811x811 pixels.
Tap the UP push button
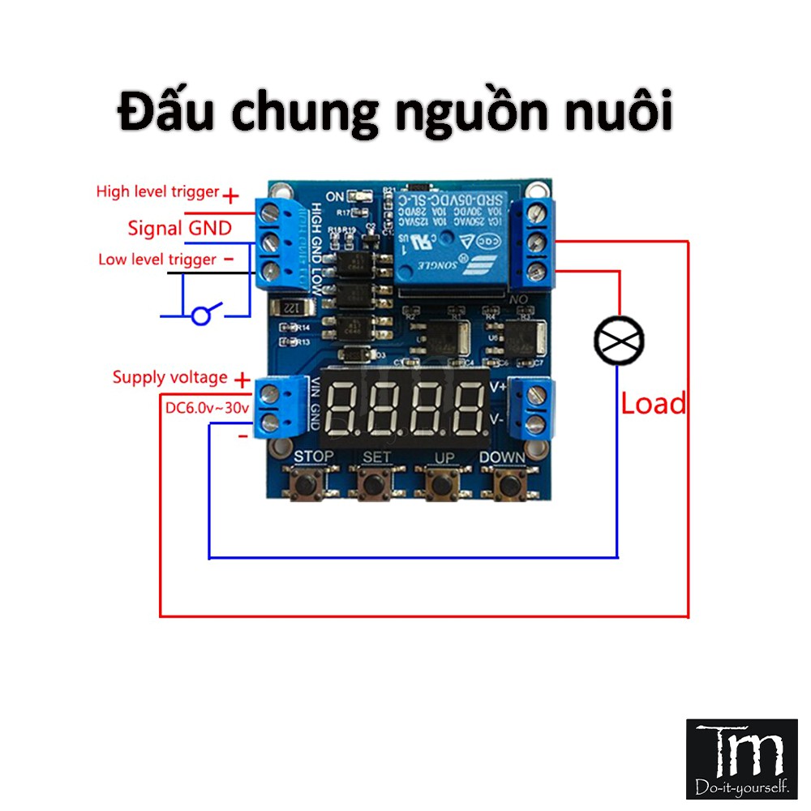pos(442,485)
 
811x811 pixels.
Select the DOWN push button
pos(508,485)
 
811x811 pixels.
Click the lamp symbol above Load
pos(619,340)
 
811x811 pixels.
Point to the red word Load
pos(653,403)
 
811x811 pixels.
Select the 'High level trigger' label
pos(157,192)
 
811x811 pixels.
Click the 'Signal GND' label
pos(179,228)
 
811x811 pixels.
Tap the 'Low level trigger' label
pos(157,260)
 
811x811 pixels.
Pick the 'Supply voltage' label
pos(169,377)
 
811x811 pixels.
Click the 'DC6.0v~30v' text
pos(208,408)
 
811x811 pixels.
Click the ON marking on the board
pos(334,196)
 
